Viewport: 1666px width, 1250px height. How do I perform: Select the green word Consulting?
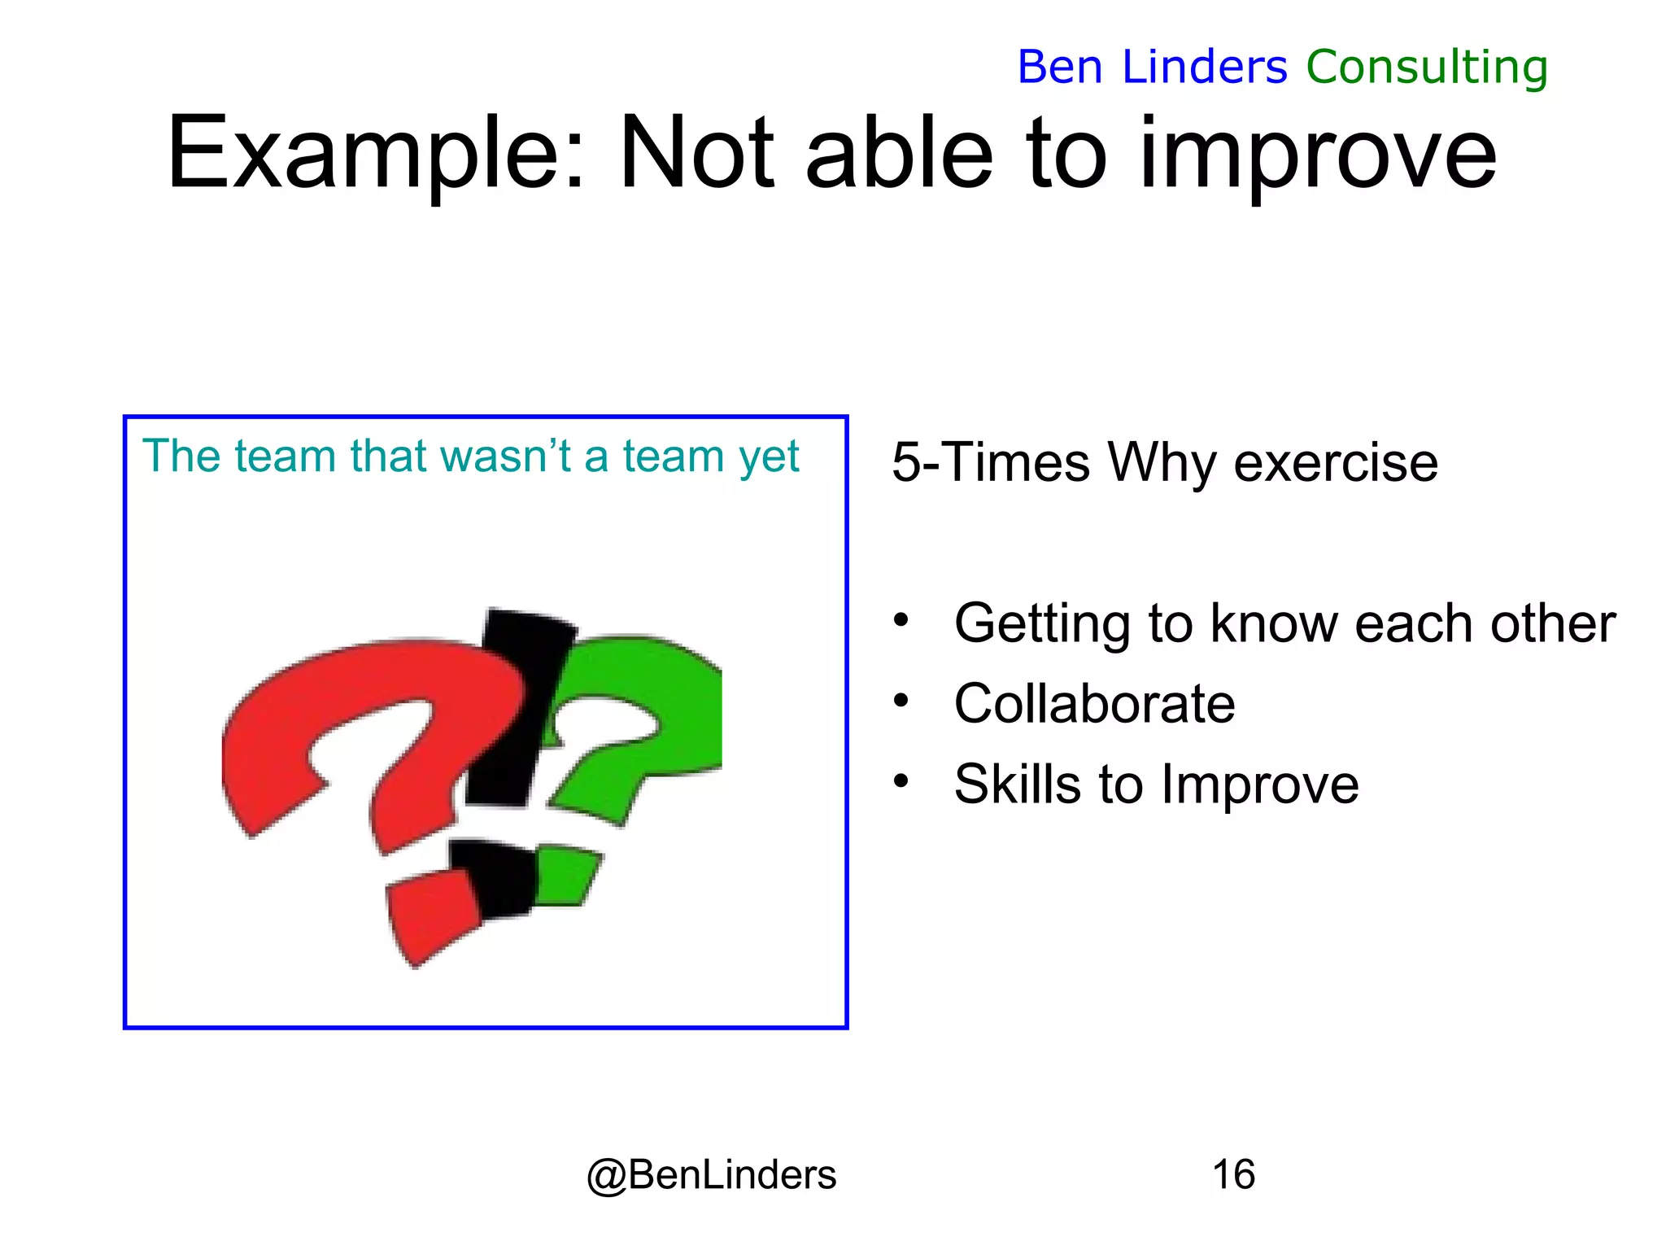click(1427, 67)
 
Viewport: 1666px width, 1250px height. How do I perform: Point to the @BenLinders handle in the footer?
click(711, 1174)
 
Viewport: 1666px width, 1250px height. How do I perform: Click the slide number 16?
click(1233, 1174)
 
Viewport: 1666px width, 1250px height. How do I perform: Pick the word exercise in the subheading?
click(1336, 463)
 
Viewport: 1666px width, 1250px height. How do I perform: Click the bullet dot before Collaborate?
click(900, 701)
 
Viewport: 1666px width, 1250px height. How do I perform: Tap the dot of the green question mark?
click(566, 876)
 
